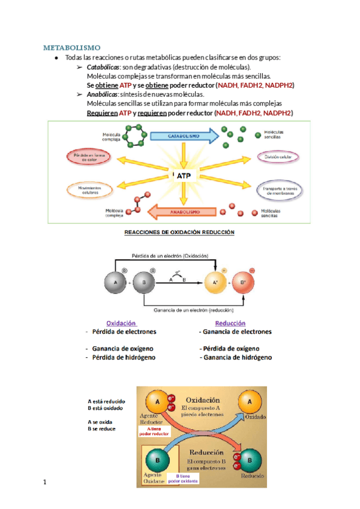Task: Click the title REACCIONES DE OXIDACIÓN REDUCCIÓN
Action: click(x=179, y=232)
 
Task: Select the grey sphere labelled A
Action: click(x=115, y=282)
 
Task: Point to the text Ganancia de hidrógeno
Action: click(x=236, y=357)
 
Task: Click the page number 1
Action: click(x=44, y=481)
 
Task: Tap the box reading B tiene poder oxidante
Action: click(x=182, y=478)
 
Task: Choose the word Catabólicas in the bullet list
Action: click(x=103, y=67)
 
